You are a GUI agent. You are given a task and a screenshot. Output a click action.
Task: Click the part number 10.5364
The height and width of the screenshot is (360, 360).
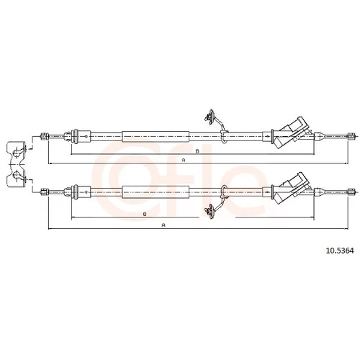(x=340, y=251)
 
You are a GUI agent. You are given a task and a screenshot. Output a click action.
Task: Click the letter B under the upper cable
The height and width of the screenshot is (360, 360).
(x=197, y=151)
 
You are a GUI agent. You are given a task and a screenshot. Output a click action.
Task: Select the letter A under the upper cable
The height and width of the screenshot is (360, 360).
(x=184, y=160)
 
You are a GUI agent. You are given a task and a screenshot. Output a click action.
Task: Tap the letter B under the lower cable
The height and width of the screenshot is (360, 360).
(x=145, y=214)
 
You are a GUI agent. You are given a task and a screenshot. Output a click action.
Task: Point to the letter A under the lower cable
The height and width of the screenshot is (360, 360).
(x=163, y=225)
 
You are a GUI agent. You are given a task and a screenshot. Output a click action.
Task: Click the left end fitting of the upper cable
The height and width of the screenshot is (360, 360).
(x=45, y=136)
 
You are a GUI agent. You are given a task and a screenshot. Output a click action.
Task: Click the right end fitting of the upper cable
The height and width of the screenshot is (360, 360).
(x=351, y=136)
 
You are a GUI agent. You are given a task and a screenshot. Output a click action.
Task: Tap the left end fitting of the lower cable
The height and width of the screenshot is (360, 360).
(x=45, y=192)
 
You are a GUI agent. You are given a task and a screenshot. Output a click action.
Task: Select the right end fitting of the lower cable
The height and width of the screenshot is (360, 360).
(x=351, y=192)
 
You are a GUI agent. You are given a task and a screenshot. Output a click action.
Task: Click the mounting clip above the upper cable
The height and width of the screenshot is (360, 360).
(x=210, y=117)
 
